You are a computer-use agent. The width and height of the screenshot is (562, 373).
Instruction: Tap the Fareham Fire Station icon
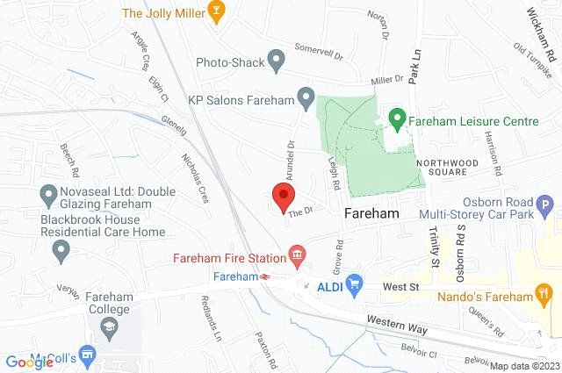[x=299, y=257]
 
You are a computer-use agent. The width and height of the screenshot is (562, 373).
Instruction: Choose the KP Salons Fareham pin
[x=306, y=95]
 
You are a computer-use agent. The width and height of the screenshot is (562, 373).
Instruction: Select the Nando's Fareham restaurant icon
[x=544, y=295]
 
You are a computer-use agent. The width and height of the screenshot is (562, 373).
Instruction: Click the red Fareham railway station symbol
[x=264, y=276]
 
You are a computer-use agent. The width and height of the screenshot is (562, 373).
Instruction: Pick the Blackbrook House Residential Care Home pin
[x=61, y=252]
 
